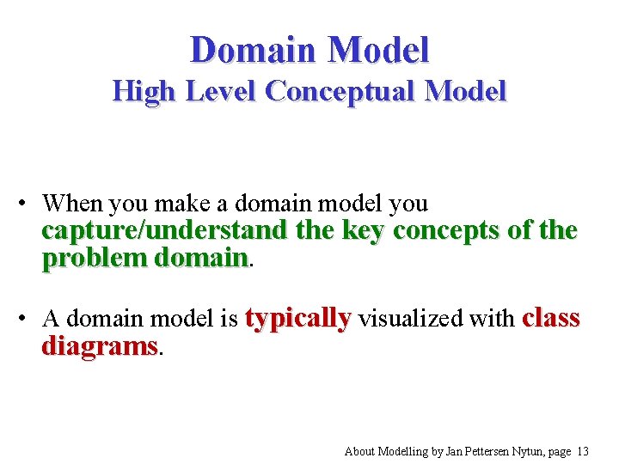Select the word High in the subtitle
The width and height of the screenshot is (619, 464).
tap(142, 90)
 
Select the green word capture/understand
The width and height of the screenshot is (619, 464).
tap(165, 231)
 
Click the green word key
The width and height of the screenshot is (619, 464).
tap(362, 231)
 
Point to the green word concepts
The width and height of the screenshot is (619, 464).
tap(449, 231)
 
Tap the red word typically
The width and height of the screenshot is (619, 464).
tap(298, 319)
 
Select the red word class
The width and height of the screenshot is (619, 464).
tap(551, 318)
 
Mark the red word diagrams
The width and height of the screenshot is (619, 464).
tap(101, 346)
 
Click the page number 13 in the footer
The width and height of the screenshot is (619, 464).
tap(583, 450)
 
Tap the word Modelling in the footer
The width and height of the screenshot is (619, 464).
tap(404, 450)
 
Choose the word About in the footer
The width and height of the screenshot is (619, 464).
tap(359, 450)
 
